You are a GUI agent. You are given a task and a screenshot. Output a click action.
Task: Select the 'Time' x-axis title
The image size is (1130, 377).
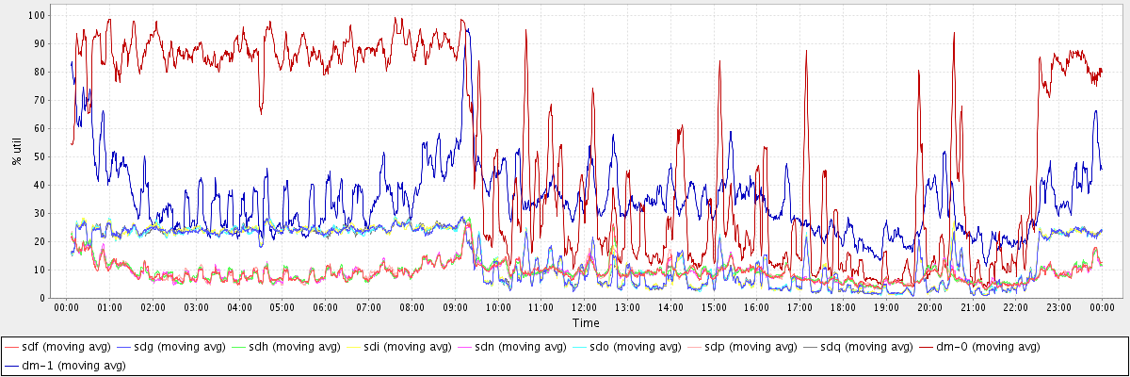click(x=585, y=322)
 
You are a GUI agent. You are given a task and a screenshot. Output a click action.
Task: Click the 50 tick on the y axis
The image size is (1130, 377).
click(x=40, y=156)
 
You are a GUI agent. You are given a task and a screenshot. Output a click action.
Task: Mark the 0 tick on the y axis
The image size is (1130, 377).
click(x=44, y=298)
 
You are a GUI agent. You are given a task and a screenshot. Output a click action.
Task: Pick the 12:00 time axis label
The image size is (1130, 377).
click(x=585, y=307)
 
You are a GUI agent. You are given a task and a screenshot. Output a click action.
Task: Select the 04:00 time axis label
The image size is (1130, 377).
click(x=239, y=307)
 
